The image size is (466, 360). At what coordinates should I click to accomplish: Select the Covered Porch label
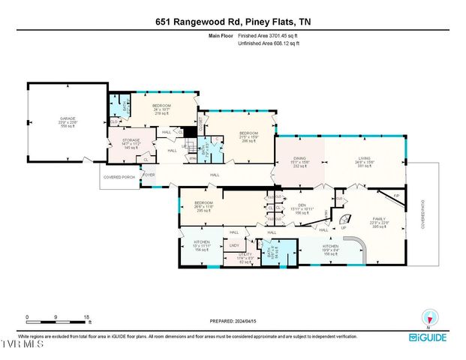118,178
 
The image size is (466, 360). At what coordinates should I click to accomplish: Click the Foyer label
149,175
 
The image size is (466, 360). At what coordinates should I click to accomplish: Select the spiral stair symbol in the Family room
344,222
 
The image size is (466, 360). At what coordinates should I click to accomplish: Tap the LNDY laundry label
234,245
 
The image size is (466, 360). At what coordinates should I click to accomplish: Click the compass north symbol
429,317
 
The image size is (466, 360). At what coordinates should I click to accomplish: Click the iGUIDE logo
428,337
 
